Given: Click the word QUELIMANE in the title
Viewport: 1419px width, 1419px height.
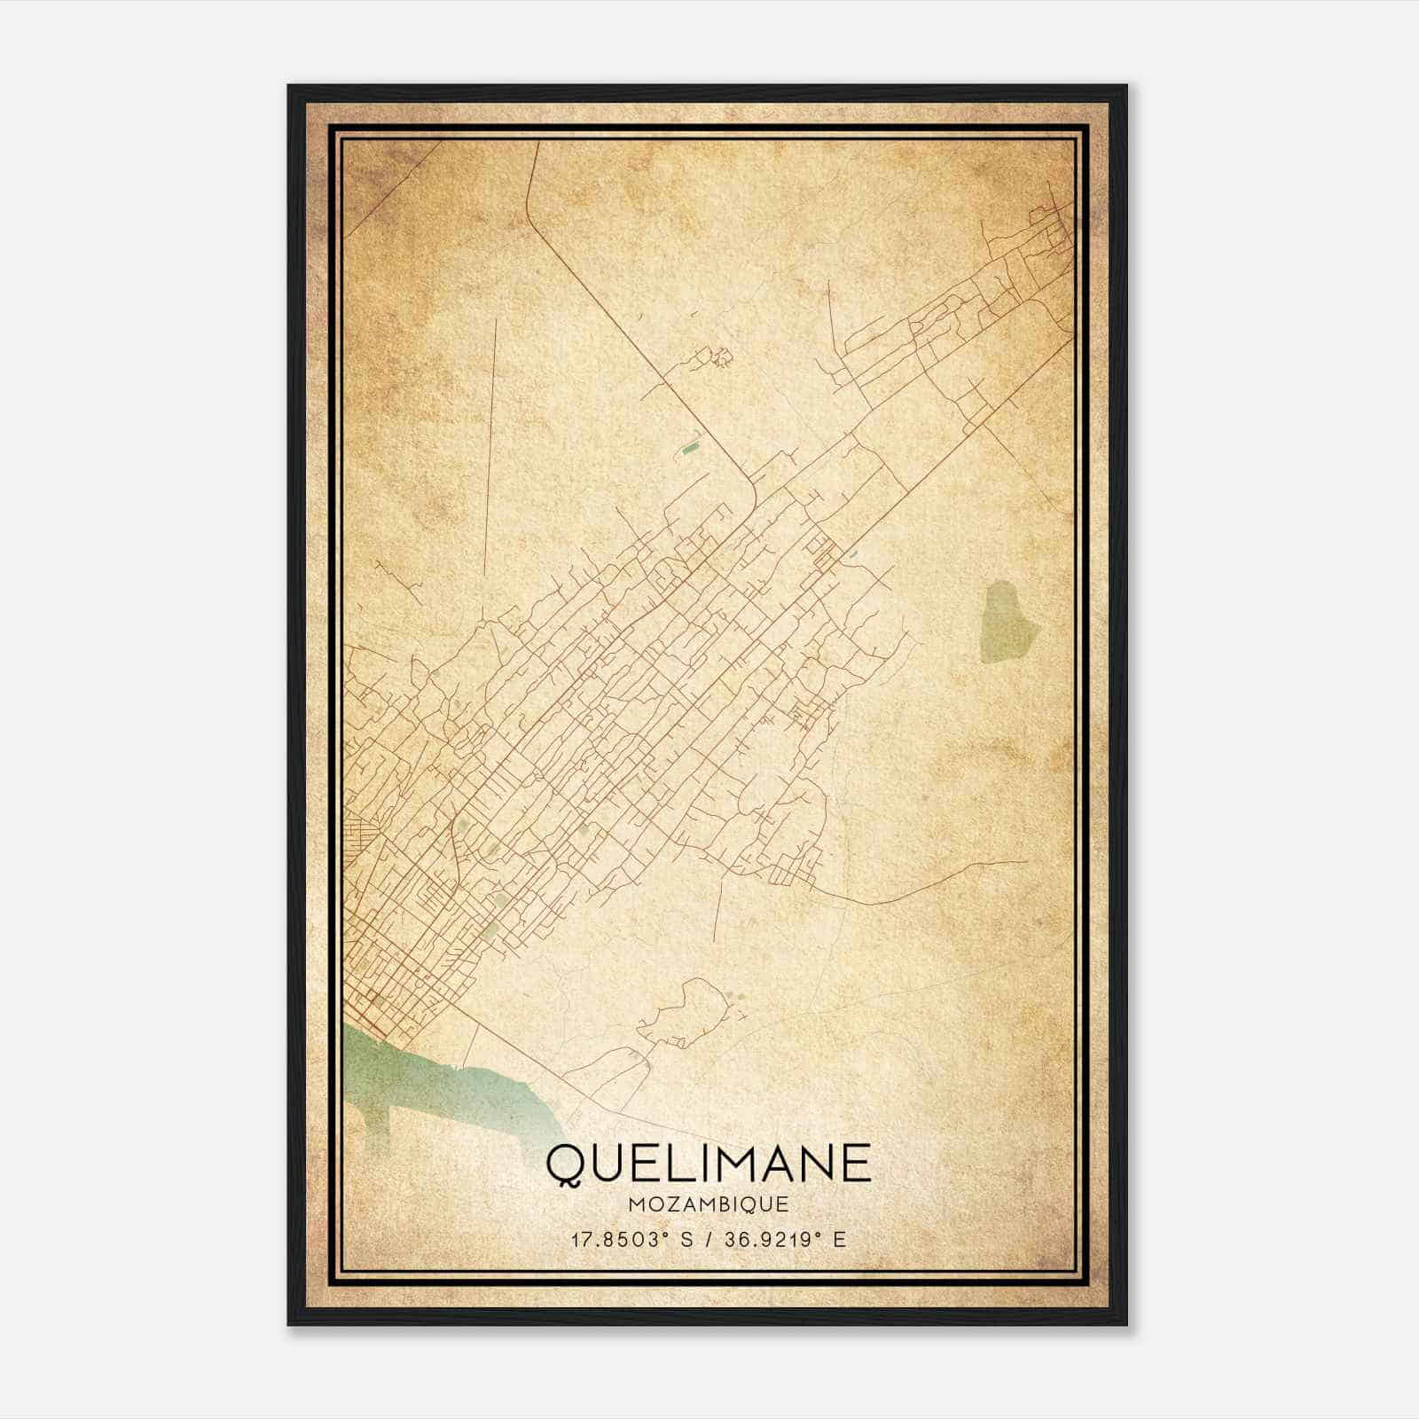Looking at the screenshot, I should [708, 1163].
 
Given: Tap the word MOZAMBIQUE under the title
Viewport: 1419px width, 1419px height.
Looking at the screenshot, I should [708, 1204].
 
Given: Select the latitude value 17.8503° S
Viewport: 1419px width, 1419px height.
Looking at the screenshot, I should [630, 1239].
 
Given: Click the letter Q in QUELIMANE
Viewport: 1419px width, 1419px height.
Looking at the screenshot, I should [565, 1164].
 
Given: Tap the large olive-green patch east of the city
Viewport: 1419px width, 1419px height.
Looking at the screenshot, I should [1009, 621].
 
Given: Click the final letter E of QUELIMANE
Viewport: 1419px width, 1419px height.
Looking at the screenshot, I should [857, 1163].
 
